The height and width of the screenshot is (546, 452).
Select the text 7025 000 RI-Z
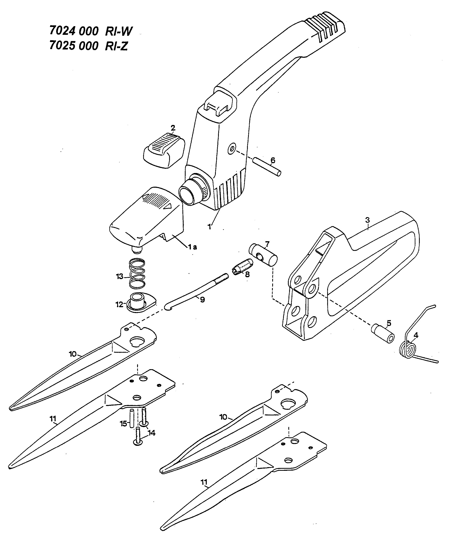point(88,46)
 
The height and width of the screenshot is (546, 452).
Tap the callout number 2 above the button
point(173,128)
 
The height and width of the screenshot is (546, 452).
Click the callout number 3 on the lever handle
point(367,220)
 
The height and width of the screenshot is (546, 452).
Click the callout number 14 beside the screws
point(151,433)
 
